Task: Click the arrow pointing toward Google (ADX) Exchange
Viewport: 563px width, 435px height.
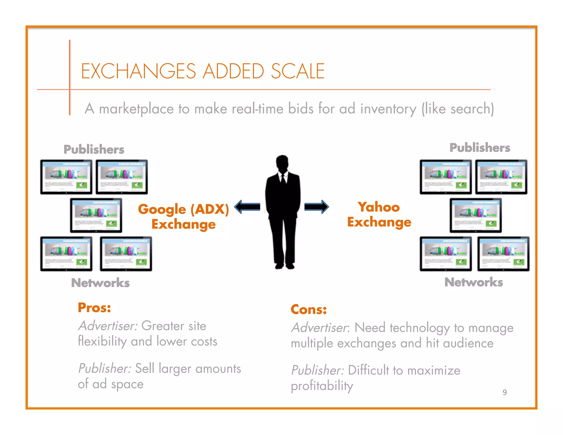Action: pos(247,207)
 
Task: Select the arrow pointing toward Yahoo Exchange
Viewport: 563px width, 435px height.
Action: pos(316,207)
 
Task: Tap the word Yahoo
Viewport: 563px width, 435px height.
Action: pos(379,207)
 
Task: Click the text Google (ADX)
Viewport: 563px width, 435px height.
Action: pos(183,209)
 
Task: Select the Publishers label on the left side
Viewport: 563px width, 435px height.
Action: pos(94,149)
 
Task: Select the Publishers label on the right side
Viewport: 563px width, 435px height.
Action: pos(480,148)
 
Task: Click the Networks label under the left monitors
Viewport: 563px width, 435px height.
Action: pos(100,283)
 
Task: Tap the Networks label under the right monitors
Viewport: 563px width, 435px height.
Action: pos(474,282)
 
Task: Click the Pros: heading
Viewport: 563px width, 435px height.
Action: pos(94,307)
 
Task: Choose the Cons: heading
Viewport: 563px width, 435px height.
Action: pos(309,309)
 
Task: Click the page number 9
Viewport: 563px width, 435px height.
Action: pos(504,392)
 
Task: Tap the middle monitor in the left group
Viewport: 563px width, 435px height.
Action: pos(96,215)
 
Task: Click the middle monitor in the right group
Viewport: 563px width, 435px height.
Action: pos(476,215)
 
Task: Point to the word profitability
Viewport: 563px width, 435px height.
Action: pos(322,386)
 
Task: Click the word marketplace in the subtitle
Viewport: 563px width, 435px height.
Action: pos(136,109)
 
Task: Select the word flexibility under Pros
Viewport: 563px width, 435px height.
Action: pos(102,342)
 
